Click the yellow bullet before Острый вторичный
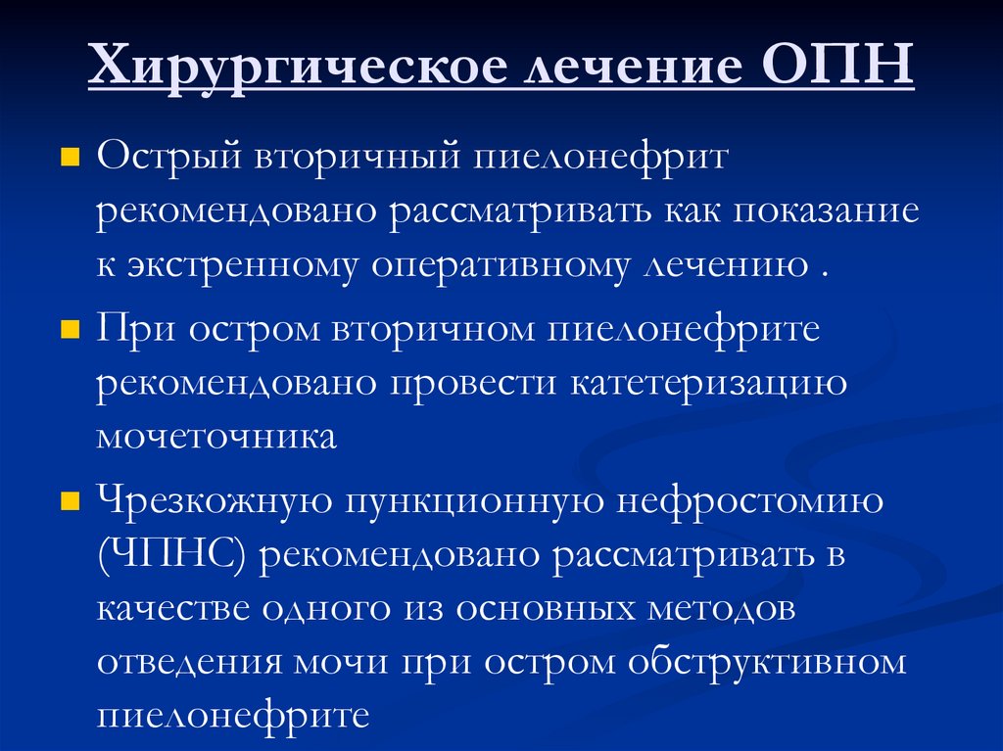pyautogui.click(x=70, y=159)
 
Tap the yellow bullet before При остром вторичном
pyautogui.click(x=70, y=331)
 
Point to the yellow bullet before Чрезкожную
pyautogui.click(x=70, y=503)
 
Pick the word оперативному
pyautogui.click(x=499, y=267)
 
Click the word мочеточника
pyautogui.click(x=216, y=437)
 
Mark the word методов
pyautogui.click(x=721, y=609)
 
